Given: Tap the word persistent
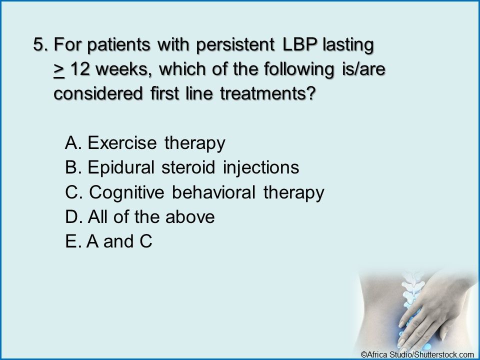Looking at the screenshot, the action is pos(235,45).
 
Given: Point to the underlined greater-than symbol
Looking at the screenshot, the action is pos(59,70).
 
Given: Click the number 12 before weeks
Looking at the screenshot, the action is pos(80,69).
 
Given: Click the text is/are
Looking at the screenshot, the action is pos(363,69).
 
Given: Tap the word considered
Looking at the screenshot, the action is pos(98,93).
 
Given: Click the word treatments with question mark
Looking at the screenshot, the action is pos(267,93).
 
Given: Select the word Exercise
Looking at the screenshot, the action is pos(122,142).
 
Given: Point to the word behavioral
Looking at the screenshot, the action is pos(213,192).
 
